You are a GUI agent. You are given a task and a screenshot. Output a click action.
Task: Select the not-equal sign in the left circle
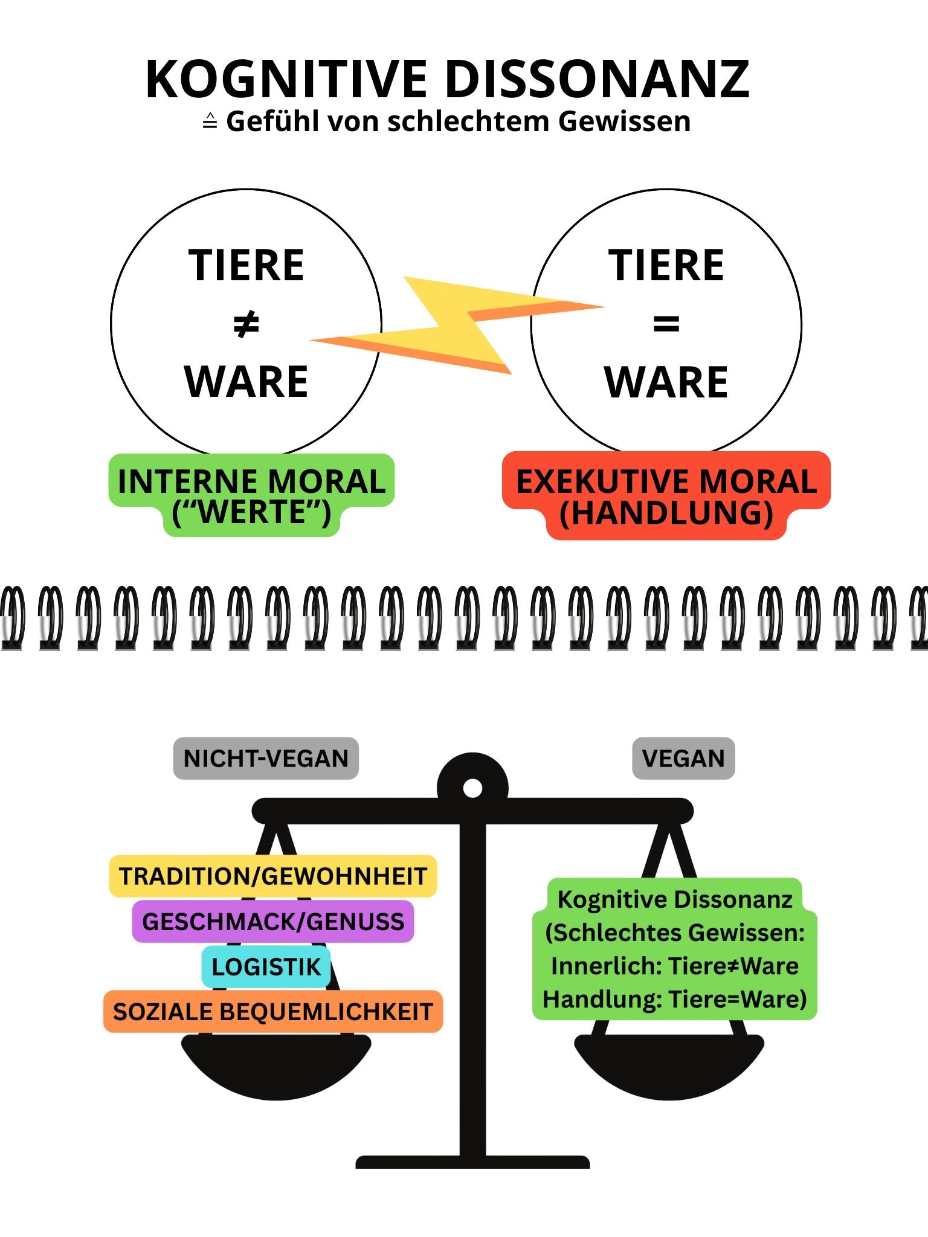pos(246,324)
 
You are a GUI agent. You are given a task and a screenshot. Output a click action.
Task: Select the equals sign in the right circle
pos(666,324)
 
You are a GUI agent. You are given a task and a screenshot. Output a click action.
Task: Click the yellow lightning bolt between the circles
pos(459,320)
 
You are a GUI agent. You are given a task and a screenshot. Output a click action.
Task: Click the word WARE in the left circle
pos(246,382)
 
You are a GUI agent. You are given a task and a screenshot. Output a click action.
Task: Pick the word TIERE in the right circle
pos(666,266)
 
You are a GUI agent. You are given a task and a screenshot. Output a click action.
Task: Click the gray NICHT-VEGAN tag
pos(266,759)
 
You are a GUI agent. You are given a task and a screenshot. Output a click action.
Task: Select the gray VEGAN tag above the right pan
pos(683,759)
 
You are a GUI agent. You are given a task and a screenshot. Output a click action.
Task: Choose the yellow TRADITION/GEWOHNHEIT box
pos(273,876)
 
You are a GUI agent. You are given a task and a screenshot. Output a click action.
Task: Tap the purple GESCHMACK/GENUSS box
pos(273,922)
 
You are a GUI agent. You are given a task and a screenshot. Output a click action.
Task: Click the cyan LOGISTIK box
pos(266,967)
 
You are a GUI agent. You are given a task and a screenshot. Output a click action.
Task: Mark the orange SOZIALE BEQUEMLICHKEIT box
pos(273,1012)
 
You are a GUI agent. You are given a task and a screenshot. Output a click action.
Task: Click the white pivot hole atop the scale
pos(472,788)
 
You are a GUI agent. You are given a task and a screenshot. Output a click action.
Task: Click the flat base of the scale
pos(472,1162)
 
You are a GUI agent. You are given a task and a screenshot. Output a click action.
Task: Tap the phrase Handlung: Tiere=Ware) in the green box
pos(674,1000)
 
